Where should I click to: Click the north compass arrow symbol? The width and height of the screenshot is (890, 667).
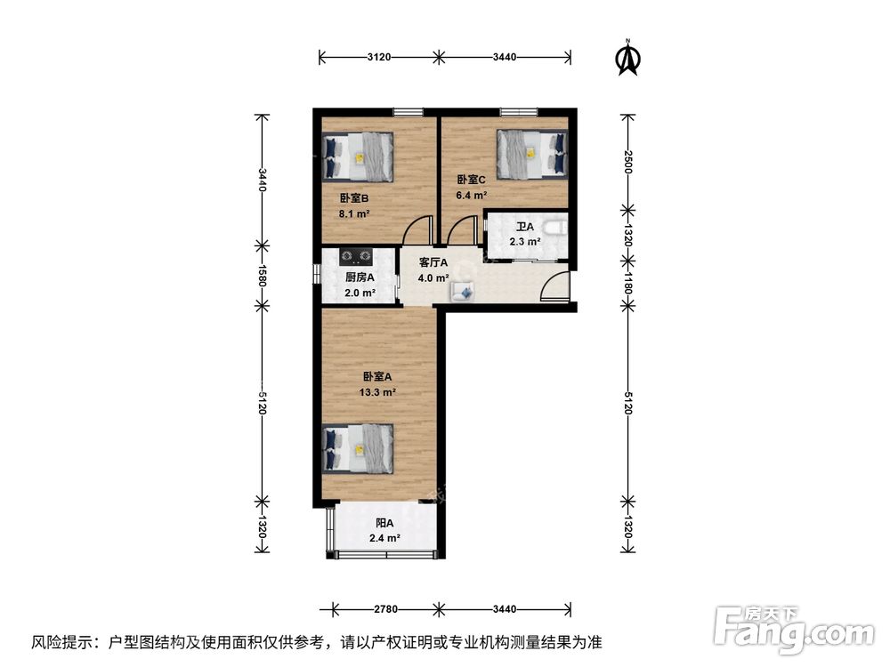tap(628, 58)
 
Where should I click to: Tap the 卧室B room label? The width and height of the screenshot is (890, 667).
tap(353, 198)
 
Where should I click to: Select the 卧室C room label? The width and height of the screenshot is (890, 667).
tap(471, 179)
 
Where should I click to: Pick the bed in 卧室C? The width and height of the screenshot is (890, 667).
tap(530, 152)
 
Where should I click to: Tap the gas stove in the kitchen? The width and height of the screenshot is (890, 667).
tap(358, 258)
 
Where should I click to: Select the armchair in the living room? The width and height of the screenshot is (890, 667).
tap(463, 290)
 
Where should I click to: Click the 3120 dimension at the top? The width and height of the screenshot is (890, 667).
tap(378, 58)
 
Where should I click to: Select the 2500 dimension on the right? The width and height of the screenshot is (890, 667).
tap(627, 162)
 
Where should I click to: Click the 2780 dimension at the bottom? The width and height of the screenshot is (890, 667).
tap(385, 609)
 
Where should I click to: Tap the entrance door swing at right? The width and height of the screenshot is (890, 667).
tap(556, 287)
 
